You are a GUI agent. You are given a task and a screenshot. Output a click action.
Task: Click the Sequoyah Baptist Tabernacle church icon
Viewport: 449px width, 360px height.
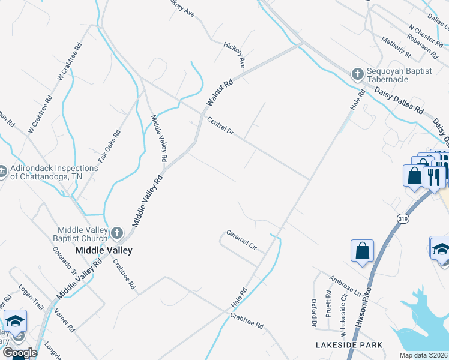pyautogui.click(x=357, y=74)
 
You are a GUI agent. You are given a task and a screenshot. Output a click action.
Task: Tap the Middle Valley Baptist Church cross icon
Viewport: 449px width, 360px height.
pyautogui.click(x=116, y=232)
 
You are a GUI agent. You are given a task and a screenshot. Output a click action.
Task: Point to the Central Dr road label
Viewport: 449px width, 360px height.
pyautogui.click(x=220, y=126)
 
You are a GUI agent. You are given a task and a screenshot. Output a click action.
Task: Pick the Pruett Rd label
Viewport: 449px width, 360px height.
pyautogui.click(x=328, y=304)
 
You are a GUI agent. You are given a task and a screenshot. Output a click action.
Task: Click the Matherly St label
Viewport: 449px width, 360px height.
pyautogui.click(x=396, y=47)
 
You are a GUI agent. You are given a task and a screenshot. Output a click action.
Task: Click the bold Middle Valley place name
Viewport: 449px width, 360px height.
pyautogui.click(x=103, y=250)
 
